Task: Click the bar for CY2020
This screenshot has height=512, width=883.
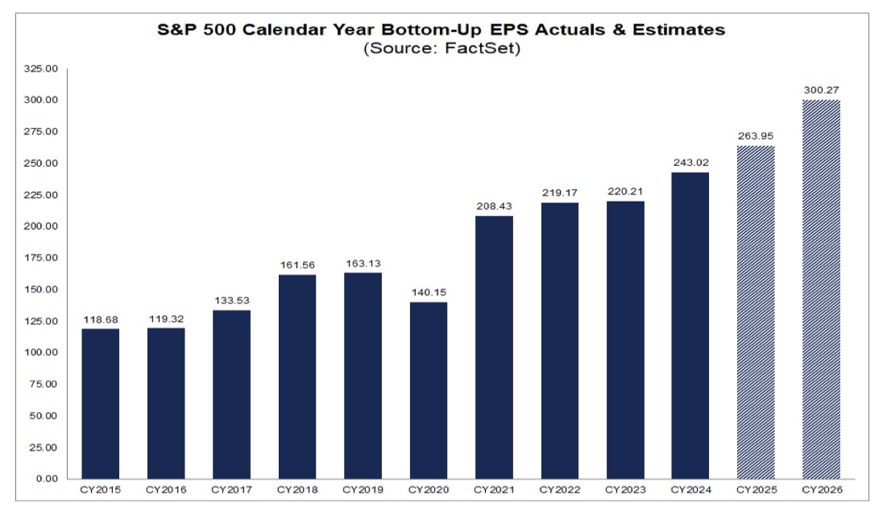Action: pos(429,390)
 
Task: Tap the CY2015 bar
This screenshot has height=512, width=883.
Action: pos(101,403)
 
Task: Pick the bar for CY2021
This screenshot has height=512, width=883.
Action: pos(494,347)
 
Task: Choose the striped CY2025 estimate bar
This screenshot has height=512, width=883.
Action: pos(757,312)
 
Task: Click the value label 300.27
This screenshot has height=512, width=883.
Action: pos(822,90)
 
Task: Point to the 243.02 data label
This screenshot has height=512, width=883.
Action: pos(690,163)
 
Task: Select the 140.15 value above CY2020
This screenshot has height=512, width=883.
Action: pos(429,293)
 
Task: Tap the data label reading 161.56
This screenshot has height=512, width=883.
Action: pos(297,265)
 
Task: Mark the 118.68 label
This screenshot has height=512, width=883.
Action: pos(101,319)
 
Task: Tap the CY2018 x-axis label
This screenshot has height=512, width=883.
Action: pos(297,489)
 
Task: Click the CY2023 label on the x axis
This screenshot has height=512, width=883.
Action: pos(625,489)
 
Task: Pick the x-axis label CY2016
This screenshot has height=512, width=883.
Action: pos(166,489)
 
